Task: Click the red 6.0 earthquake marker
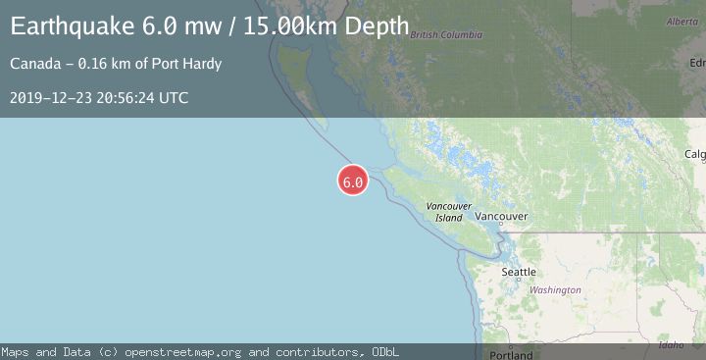pyautogui.click(x=353, y=180)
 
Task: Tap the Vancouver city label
pyautogui.click(x=501, y=216)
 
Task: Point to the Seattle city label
pyautogui.click(x=519, y=272)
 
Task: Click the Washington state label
pyautogui.click(x=555, y=290)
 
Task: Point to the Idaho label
pyautogui.click(x=672, y=344)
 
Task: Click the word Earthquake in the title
pyautogui.click(x=67, y=27)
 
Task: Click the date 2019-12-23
pyautogui.click(x=49, y=98)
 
